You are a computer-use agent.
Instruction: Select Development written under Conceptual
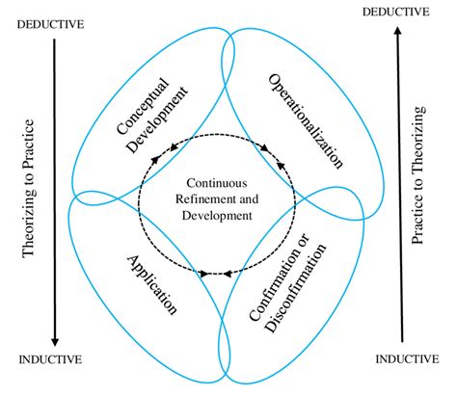point(164,118)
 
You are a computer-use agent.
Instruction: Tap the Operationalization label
point(307,116)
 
